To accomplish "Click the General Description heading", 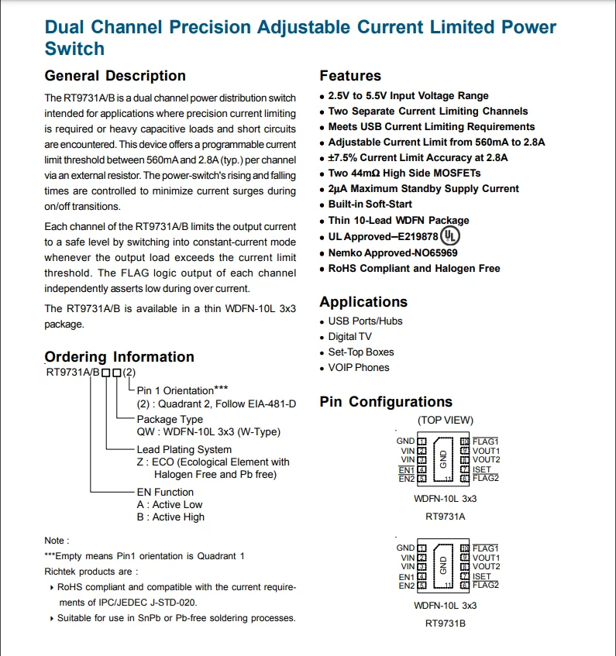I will tap(115, 76).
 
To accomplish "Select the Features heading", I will tap(350, 76).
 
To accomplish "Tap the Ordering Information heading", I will tap(119, 357).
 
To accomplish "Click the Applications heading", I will tap(363, 302).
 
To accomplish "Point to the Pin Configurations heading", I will tap(386, 402).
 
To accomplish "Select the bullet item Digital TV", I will tap(349, 337).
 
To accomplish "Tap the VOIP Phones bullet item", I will tap(359, 368).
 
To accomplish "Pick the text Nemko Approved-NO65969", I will tap(392, 252).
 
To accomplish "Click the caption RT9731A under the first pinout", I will tap(445, 516).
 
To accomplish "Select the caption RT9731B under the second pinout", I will tap(445, 623).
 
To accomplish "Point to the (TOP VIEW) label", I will tap(445, 420).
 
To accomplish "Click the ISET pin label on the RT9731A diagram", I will tap(482, 470).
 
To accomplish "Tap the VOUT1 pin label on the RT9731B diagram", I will tap(486, 558).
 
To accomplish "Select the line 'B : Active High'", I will tap(170, 517).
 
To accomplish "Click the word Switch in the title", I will tap(74, 49).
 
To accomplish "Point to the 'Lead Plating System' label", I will tap(184, 449).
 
